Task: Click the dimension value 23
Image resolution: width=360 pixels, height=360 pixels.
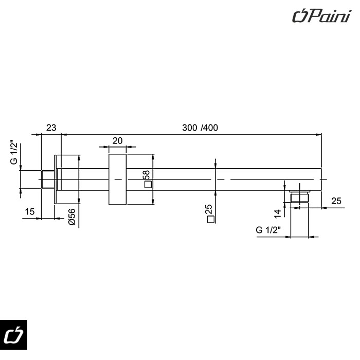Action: (51, 128)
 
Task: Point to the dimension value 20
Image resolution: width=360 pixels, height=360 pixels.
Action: (117, 140)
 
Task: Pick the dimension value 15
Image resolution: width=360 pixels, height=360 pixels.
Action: (29, 211)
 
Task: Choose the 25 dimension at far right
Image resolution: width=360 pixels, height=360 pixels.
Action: (336, 201)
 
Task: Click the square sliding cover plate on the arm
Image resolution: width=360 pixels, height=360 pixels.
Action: (118, 179)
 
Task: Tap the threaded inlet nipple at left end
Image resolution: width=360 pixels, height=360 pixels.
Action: (47, 179)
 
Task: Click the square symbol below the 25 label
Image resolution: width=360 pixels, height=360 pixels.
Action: (209, 220)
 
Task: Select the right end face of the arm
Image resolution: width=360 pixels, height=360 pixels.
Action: (321, 179)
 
